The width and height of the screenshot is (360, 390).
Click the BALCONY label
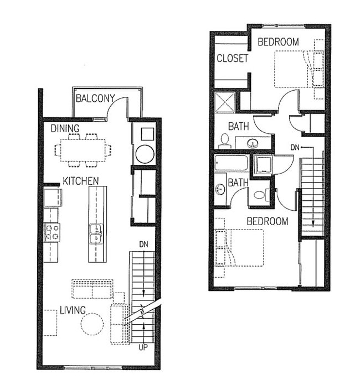click(95, 99)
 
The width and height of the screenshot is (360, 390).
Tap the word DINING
click(65, 128)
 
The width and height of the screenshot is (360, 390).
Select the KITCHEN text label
click(80, 181)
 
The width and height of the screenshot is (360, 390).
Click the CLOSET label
click(232, 58)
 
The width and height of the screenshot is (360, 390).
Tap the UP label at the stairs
click(143, 347)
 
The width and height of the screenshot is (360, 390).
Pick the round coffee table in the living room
click(92, 324)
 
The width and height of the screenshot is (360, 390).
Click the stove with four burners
click(52, 232)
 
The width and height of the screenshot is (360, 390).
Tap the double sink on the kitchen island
click(96, 235)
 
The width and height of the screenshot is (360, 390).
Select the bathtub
click(232, 163)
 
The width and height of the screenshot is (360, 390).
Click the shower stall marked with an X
click(225, 102)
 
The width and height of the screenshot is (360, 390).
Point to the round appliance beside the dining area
click(145, 153)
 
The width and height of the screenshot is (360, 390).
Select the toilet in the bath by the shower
click(225, 139)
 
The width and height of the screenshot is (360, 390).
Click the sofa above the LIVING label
click(92, 289)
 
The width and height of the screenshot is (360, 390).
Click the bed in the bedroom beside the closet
click(296, 69)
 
